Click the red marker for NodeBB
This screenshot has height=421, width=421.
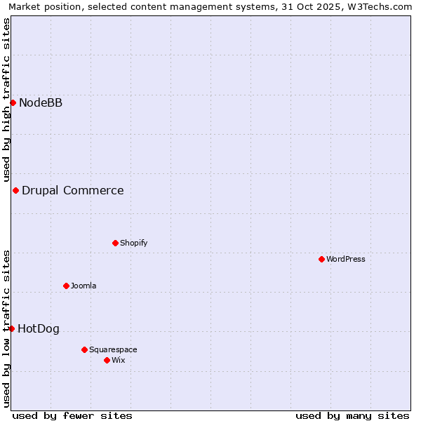pyautogui.click(x=13, y=103)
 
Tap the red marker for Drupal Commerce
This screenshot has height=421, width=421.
pyautogui.click(x=15, y=191)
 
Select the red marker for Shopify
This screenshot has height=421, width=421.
pyautogui.click(x=115, y=243)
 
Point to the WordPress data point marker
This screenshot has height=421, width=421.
pyautogui.click(x=321, y=260)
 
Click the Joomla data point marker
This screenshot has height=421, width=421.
pyautogui.click(x=66, y=286)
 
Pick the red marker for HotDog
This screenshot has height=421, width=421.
pyautogui.click(x=11, y=329)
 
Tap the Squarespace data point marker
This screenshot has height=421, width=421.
pyautogui.click(x=84, y=350)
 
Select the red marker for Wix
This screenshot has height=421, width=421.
pyautogui.click(x=107, y=361)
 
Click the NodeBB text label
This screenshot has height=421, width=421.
pyautogui.click(x=41, y=103)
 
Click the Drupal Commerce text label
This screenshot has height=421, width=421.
pyautogui.click(x=73, y=191)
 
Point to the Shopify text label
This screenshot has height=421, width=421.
pyautogui.click(x=133, y=243)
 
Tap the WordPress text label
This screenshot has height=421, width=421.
pyautogui.click(x=346, y=260)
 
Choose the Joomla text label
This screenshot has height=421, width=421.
pyautogui.click(x=83, y=286)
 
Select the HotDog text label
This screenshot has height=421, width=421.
pyautogui.click(x=39, y=329)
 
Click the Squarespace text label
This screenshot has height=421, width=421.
pyautogui.click(x=113, y=350)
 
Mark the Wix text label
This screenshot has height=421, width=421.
pyautogui.click(x=118, y=361)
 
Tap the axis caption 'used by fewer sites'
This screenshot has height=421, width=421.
pyautogui.click(x=72, y=415)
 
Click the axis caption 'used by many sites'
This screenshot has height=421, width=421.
pyautogui.click(x=352, y=415)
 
